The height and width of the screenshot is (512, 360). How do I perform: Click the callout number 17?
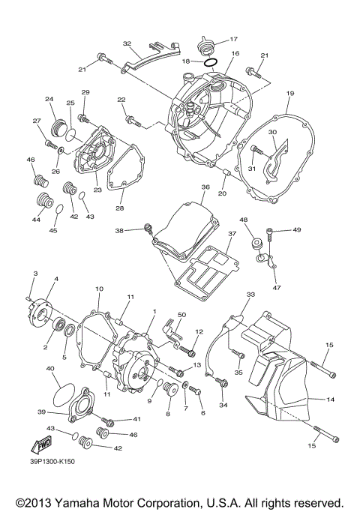tap(233, 37)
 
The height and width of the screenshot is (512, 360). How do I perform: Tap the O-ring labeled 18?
tap(211, 63)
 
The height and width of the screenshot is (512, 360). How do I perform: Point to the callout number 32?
tap(127, 44)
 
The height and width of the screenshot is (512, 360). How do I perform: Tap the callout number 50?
tap(181, 316)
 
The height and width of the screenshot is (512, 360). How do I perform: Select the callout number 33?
tap(250, 295)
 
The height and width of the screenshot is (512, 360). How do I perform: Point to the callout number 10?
tap(99, 289)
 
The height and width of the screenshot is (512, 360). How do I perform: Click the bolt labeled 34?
tap(222, 383)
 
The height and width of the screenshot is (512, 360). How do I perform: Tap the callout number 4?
tap(55, 279)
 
